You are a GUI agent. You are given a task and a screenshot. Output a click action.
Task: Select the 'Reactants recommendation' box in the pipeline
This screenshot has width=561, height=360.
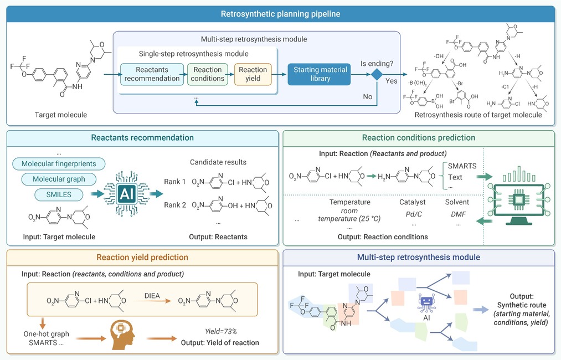pos(152,74)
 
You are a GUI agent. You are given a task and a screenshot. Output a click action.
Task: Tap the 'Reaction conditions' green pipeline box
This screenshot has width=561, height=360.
pos(208,74)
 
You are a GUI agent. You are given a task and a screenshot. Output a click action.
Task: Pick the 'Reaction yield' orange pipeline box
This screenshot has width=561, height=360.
pos(253,74)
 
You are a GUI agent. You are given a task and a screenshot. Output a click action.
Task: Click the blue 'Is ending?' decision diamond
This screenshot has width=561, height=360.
pos(377,74)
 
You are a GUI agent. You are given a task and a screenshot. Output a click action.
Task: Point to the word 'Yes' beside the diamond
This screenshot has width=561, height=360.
pos(392,81)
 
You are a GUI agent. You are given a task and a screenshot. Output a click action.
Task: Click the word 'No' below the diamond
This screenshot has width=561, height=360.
pos(367,96)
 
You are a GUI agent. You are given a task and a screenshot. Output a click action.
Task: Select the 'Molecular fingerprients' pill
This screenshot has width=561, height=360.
pos(59,164)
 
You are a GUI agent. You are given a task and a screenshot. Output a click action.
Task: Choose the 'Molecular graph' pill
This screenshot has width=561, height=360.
pos(59,179)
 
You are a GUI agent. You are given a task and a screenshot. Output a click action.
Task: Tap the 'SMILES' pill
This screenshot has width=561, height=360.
pos(59,194)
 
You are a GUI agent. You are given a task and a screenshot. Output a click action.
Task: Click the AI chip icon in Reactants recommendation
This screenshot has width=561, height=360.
pos(127,194)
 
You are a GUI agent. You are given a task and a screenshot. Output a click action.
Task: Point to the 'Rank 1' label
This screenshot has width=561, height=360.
pos(175,182)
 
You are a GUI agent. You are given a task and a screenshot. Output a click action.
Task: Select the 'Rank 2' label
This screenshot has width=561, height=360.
pos(175,205)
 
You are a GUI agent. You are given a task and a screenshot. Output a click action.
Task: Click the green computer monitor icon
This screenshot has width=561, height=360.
pos(519,195)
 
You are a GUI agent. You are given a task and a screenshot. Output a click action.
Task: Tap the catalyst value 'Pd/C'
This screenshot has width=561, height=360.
pos(414,214)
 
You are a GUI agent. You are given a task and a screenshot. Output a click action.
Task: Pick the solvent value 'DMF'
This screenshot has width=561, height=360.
pos(459,214)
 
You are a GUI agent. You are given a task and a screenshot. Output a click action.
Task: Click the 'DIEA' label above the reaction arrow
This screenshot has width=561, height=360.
pos(152,296)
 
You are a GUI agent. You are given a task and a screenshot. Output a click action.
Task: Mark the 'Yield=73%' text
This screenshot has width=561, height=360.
pos(221,332)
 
